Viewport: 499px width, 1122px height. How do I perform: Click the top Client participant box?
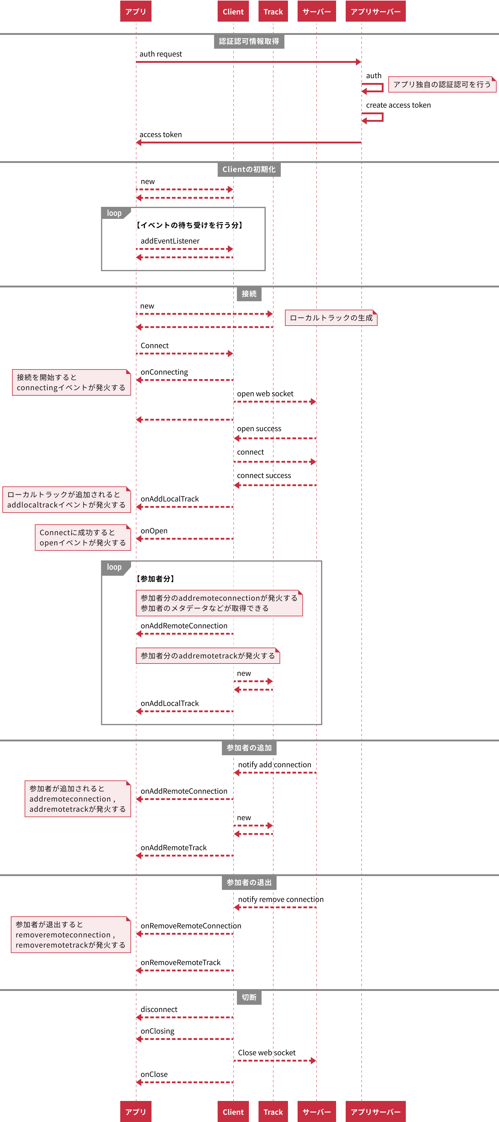point(233,11)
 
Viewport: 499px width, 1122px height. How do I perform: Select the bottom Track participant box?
point(273,1111)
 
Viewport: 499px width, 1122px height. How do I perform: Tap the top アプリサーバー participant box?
point(375,11)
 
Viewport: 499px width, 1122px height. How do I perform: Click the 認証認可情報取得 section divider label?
point(249,41)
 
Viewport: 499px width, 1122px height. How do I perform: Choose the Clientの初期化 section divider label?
point(249,170)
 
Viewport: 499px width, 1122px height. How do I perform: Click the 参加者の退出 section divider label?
point(249,882)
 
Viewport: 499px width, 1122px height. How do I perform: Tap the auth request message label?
point(161,54)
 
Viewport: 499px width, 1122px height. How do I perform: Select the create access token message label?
point(398,105)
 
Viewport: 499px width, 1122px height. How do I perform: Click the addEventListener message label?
point(170,241)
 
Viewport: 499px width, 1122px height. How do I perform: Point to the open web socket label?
point(265,394)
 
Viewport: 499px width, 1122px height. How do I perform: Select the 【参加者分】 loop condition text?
point(155,579)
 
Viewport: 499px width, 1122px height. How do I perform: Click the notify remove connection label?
point(281,900)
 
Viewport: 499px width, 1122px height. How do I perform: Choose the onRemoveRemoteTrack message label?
point(180,963)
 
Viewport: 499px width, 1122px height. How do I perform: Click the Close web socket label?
point(266,1053)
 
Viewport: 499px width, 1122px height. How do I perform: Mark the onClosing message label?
point(157,1031)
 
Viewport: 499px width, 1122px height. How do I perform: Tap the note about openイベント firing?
point(83,538)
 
